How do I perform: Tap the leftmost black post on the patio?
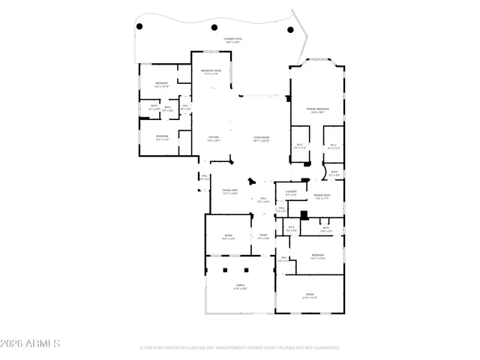[139, 28]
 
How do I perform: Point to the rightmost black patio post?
[291, 30]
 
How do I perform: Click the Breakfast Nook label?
[209, 72]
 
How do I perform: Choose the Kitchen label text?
[214, 138]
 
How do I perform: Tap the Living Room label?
[261, 138]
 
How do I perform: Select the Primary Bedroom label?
[318, 109]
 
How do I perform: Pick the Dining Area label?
[229, 191]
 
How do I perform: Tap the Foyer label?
[264, 236]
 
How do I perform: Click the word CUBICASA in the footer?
[189, 348]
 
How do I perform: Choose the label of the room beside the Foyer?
[228, 237]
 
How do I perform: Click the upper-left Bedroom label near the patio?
[161, 84]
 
